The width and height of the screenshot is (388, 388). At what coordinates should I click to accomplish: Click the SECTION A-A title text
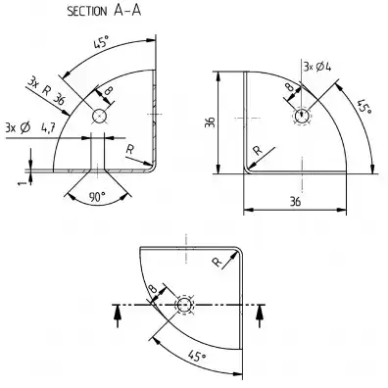(104, 11)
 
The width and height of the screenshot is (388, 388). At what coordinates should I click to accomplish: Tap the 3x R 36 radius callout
(46, 91)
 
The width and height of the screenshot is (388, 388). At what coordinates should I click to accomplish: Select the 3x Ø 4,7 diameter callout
(29, 127)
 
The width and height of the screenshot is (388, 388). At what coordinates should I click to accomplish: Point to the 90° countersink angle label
(97, 197)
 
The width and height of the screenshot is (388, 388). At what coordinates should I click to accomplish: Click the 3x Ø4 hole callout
(317, 67)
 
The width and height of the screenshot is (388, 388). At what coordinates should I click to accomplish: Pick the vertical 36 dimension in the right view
(211, 122)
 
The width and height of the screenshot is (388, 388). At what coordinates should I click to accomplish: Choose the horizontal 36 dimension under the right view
(295, 202)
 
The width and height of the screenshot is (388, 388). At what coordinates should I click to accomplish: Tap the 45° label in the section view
(101, 43)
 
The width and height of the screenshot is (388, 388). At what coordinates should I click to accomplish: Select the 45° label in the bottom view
(197, 356)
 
